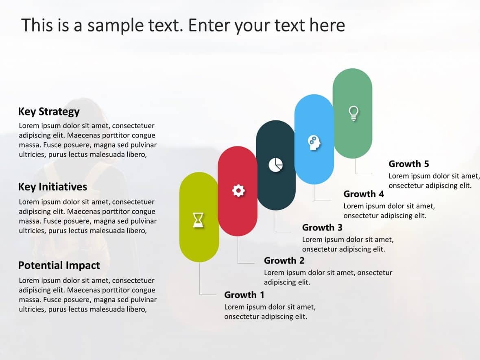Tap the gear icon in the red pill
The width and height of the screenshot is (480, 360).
point(238,190)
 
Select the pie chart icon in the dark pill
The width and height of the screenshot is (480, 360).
point(275,165)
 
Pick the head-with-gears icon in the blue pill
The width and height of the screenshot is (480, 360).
point(314,142)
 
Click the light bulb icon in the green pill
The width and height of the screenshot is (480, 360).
point(353,113)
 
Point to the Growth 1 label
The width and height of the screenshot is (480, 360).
point(244,295)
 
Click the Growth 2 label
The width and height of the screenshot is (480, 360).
point(284,260)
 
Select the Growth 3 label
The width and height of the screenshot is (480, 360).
point(322,227)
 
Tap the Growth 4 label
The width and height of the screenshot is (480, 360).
point(364,194)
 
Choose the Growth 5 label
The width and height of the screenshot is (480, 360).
point(408,164)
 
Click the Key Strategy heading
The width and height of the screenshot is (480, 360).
point(49,111)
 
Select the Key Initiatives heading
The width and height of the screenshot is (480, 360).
point(52,187)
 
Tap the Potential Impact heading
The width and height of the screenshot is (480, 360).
point(59,265)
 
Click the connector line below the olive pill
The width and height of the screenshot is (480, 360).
point(199,281)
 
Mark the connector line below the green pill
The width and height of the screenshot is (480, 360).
point(356,167)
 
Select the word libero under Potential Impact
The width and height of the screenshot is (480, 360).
point(134,309)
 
